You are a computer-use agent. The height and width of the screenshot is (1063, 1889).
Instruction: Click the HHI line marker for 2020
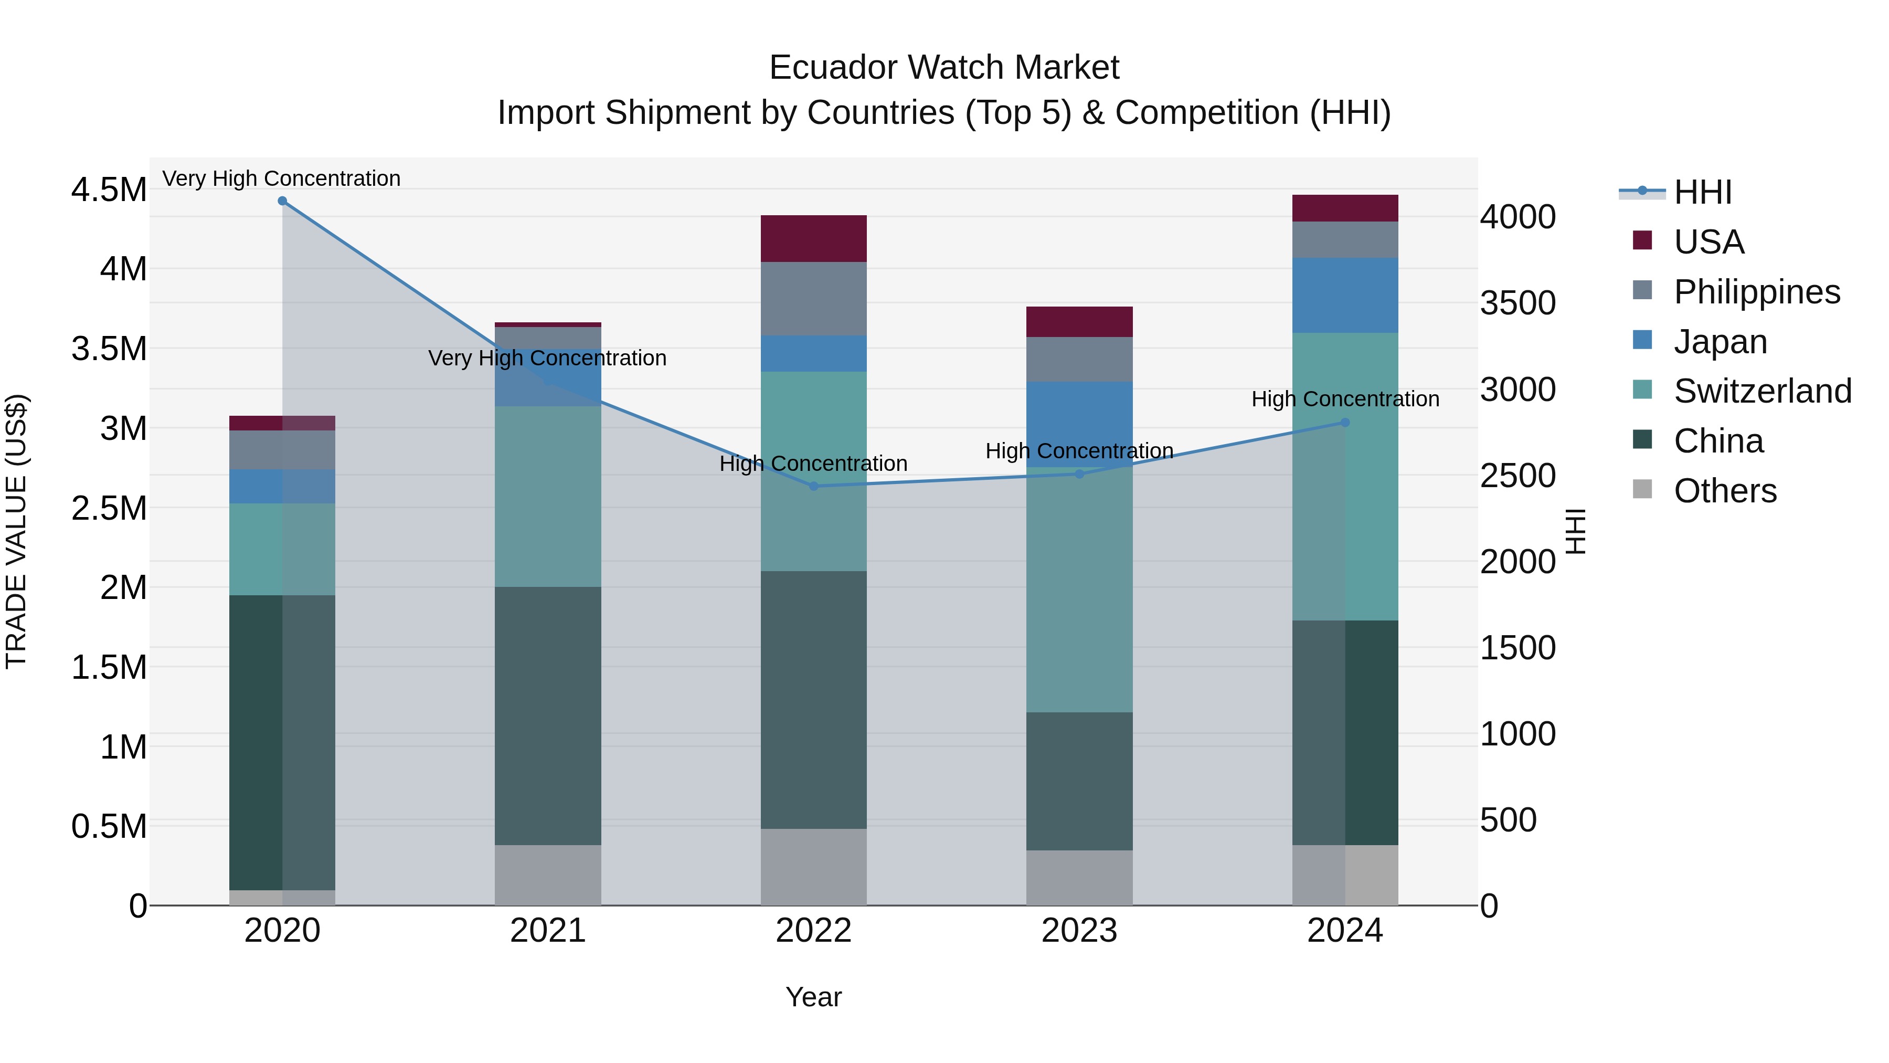coord(282,201)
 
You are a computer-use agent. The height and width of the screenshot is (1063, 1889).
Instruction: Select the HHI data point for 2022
coord(813,487)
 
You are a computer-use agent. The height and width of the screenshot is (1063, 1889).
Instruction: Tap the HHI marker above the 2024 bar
coord(1345,423)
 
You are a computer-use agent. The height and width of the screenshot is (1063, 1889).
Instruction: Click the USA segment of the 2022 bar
coord(813,238)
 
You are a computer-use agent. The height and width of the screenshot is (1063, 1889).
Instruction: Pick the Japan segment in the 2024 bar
coord(1345,295)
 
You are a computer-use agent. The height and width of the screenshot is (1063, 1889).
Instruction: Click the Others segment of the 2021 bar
coord(548,875)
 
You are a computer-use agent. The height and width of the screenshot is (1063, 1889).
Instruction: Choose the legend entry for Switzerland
coord(1762,391)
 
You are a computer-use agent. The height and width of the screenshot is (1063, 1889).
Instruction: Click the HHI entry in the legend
coord(1702,192)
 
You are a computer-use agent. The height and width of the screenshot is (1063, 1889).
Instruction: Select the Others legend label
coord(1725,491)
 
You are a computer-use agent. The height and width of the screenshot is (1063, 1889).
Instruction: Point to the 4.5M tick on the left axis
coord(109,190)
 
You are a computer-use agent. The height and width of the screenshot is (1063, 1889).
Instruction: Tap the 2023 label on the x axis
coord(1079,931)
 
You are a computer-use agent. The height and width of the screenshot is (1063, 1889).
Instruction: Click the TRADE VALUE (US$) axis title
coord(16,531)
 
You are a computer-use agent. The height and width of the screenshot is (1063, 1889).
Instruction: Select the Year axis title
coord(813,997)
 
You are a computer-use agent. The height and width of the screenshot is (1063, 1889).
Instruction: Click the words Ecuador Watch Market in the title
coord(944,68)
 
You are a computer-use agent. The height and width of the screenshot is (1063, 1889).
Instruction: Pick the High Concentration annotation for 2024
coord(1345,399)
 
